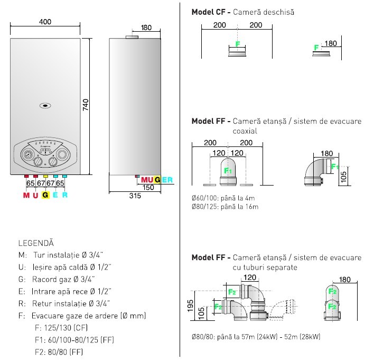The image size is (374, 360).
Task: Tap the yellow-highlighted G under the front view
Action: pos(45,195)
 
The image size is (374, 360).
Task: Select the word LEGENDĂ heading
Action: pos(36,244)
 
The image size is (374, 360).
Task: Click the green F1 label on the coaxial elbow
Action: pos(228,171)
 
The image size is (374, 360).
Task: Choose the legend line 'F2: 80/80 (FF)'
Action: pos(59,352)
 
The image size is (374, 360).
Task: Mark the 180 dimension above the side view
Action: pos(146,27)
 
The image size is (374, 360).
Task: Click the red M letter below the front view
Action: pos(26,195)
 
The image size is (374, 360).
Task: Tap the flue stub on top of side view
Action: pos(132,37)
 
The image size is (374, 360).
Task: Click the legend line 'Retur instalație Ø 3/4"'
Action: pos(72,303)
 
